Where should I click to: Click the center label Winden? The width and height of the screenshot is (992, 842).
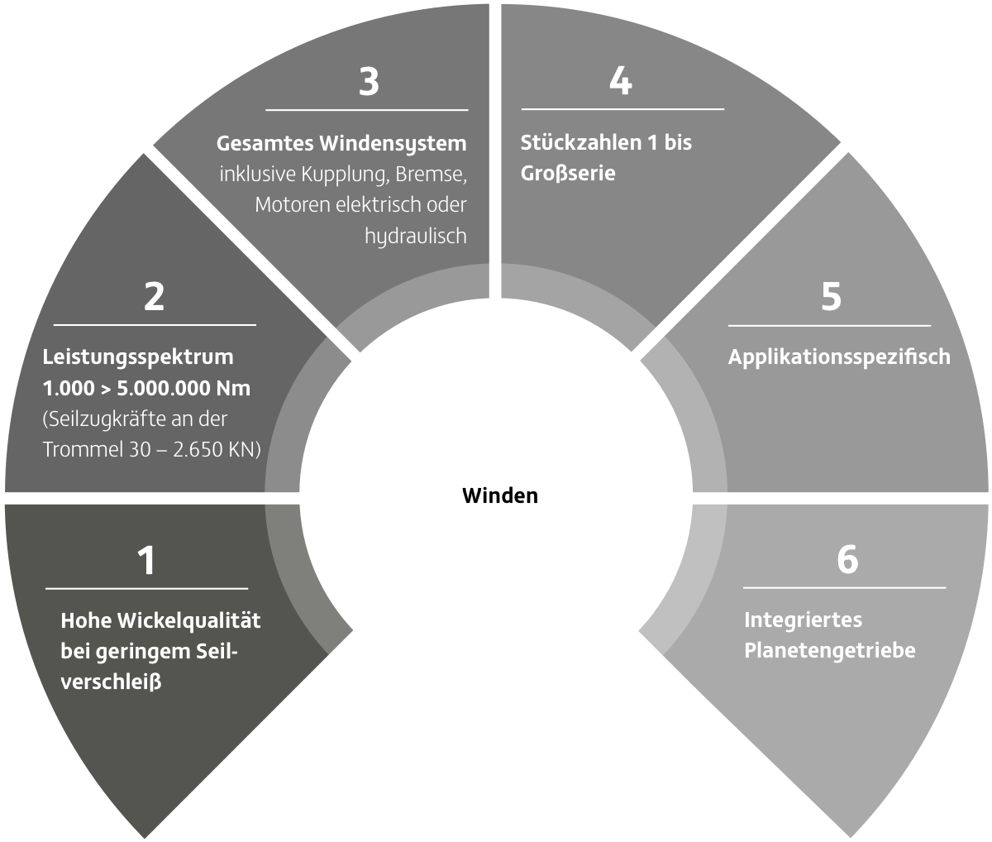pyautogui.click(x=500, y=495)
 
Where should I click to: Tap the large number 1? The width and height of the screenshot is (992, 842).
pyautogui.click(x=147, y=560)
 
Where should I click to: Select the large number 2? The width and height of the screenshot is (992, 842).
pyautogui.click(x=154, y=297)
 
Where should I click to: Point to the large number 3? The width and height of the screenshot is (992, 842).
pyautogui.click(x=369, y=82)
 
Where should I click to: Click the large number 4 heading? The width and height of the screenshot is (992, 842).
pyautogui.click(x=621, y=81)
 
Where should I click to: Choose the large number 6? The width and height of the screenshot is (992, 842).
pyautogui.click(x=847, y=560)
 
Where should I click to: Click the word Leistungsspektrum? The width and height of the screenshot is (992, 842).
pyautogui.click(x=138, y=357)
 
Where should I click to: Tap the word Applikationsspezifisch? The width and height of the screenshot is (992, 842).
pyautogui.click(x=839, y=357)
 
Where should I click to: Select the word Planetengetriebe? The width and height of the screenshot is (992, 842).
pyautogui.click(x=830, y=651)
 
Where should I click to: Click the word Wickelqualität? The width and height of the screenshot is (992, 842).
pyautogui.click(x=189, y=620)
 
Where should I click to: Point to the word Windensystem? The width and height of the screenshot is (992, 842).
pyautogui.click(x=393, y=144)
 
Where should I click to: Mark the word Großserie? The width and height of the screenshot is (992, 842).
pyautogui.click(x=568, y=173)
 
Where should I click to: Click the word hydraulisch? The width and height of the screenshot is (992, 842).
pyautogui.click(x=416, y=236)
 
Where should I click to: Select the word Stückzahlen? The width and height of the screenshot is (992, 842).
pyautogui.click(x=581, y=142)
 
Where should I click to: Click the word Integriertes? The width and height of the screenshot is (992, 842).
pyautogui.click(x=803, y=620)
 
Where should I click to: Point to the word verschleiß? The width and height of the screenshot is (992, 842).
pyautogui.click(x=111, y=682)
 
